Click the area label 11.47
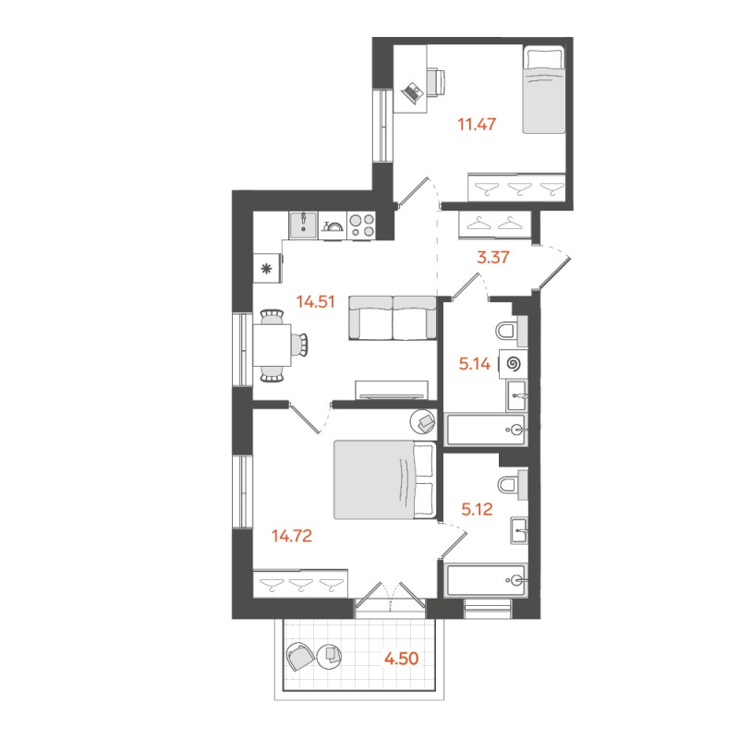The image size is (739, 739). click(478, 123)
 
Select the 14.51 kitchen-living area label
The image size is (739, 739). click(315, 299)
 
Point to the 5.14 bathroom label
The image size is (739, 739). click(478, 364)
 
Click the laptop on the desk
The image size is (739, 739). click(413, 91)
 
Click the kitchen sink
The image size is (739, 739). click(303, 225)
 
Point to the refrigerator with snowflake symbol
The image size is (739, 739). click(268, 269)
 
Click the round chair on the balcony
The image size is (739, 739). click(300, 658)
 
